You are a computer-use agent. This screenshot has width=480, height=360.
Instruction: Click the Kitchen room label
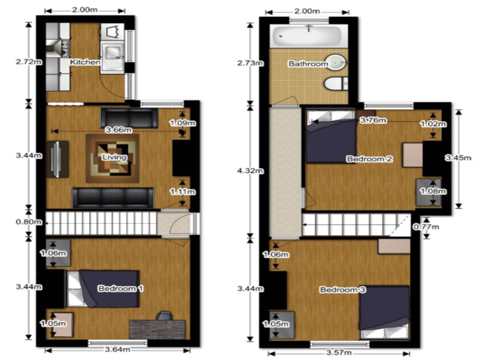pyautogui.click(x=85, y=62)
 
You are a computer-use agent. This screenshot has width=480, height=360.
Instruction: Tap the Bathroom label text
pyautogui.click(x=308, y=64)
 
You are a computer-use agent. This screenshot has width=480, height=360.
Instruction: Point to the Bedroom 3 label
pyautogui.click(x=343, y=290)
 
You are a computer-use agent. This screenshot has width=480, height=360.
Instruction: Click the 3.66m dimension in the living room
pyautogui.click(x=118, y=130)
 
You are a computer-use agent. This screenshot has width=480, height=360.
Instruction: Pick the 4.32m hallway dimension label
pyautogui.click(x=250, y=171)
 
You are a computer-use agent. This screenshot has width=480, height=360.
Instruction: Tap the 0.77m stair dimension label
pyautogui.click(x=426, y=227)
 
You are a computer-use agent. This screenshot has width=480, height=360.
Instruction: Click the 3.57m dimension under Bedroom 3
pyautogui.click(x=339, y=352)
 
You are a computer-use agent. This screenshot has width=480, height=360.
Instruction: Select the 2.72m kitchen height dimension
pyautogui.click(x=29, y=62)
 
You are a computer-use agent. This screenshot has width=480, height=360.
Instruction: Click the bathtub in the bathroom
pyautogui.click(x=309, y=36)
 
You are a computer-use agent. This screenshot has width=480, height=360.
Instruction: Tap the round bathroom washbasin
pyautogui.click(x=335, y=63)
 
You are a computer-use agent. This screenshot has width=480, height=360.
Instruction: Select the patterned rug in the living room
pyautogui.click(x=112, y=159)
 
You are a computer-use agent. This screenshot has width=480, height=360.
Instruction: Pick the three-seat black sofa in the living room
pyautogui.click(x=113, y=197)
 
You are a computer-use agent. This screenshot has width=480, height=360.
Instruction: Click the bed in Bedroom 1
pyautogui.click(x=103, y=289)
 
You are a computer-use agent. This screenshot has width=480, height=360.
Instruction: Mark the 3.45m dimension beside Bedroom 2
pyautogui.click(x=458, y=158)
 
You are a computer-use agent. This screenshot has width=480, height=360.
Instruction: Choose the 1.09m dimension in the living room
pyautogui.click(x=183, y=123)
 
